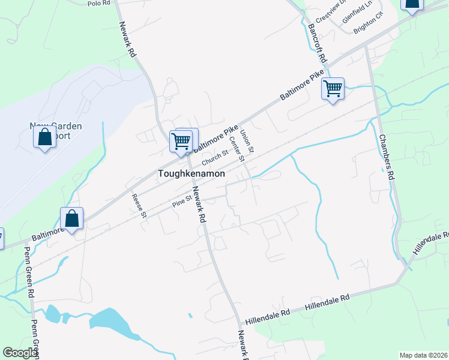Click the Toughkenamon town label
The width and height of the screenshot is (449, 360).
(191, 173)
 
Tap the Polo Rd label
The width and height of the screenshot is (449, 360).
(99, 4)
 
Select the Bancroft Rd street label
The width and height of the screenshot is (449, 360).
(316, 44)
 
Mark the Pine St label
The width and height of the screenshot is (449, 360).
(181, 199)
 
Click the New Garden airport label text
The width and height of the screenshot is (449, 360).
(56, 131)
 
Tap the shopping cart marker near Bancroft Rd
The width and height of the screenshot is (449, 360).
(333, 89)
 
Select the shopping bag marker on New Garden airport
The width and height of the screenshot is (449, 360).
(45, 137)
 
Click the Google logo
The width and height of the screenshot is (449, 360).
(20, 353)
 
